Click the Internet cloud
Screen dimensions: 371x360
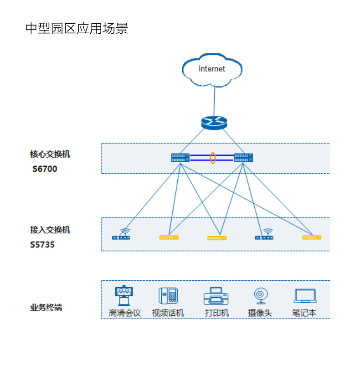212,70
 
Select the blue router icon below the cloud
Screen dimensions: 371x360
214,122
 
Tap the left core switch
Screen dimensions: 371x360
180,158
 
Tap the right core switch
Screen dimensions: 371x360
243,158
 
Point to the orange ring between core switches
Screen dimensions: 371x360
212,158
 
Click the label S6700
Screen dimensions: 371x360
45,169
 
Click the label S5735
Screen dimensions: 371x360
42,245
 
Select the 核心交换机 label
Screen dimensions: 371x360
50,154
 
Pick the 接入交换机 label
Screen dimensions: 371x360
50,230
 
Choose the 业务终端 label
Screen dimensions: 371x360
46,308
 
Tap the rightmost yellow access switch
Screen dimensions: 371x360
312,237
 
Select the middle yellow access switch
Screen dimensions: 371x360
217,238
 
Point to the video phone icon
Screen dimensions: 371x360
168,296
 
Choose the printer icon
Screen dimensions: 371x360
216,296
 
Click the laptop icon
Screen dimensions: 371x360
305,296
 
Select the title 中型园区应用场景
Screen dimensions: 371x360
77,28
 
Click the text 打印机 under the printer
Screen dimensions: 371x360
217,313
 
